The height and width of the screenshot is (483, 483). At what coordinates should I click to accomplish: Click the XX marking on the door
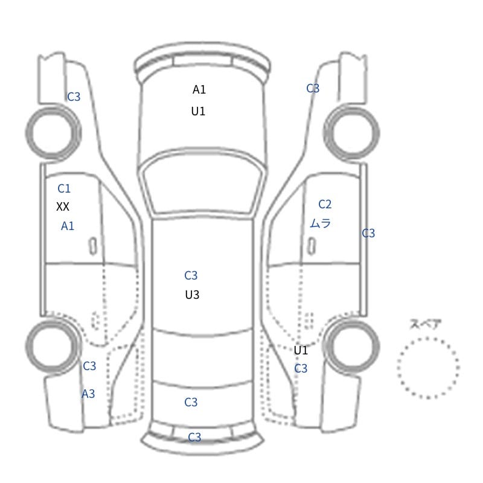coord(63,206)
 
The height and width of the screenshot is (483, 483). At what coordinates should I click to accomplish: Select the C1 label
coord(64,188)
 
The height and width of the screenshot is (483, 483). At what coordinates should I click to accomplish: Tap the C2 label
coord(325,204)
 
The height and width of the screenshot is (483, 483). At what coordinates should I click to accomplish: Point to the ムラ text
coord(321,223)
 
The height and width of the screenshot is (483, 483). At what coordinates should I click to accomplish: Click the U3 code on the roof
coord(192,295)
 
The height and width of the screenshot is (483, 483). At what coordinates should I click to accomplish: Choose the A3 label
coord(88,394)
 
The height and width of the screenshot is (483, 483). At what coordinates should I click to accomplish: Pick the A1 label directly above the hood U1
coord(199,89)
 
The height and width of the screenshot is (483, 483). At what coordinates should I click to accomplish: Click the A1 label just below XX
coord(68,226)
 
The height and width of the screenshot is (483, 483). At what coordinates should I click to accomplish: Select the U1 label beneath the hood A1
coord(198,111)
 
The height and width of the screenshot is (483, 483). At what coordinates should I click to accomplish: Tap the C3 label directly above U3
coord(191,275)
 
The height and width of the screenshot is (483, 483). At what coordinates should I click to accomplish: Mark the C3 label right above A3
coord(89,366)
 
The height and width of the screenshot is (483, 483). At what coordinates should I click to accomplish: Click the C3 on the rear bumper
coord(194,437)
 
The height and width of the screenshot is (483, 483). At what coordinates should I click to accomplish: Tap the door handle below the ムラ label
coord(312,246)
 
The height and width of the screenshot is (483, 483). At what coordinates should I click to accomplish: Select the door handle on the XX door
coord(93,246)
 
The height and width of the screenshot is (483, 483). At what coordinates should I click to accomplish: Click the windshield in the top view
coord(203,184)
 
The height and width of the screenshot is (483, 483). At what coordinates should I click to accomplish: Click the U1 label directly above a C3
coord(301,350)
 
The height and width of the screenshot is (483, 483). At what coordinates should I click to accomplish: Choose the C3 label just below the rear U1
coord(301,368)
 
